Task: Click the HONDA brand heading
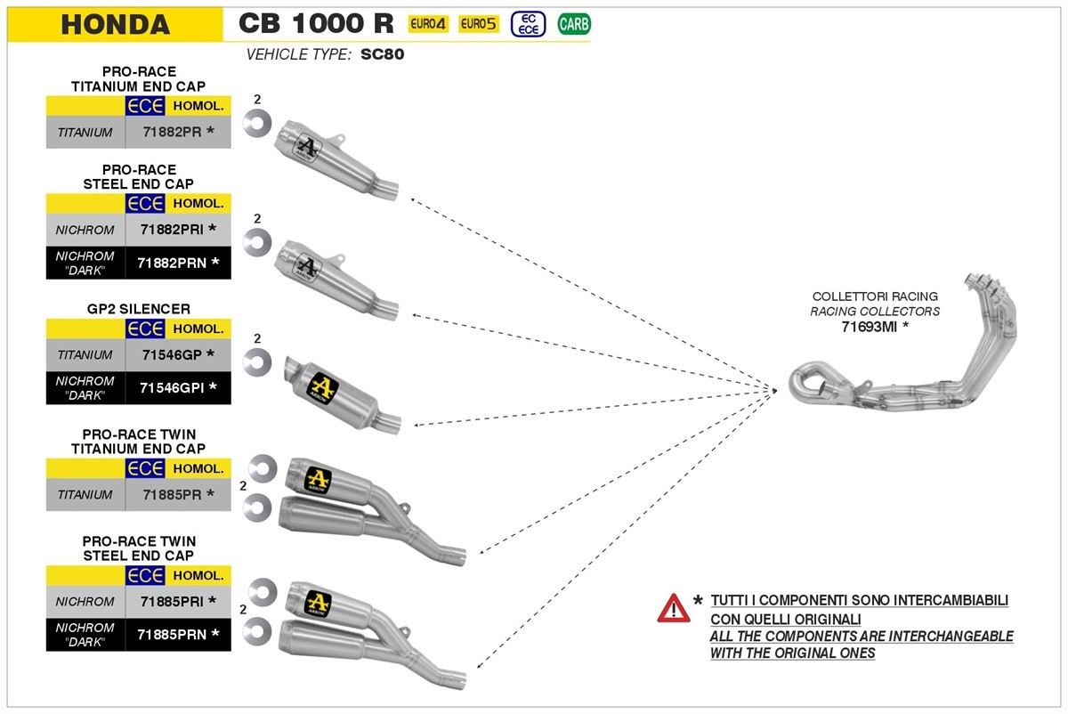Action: pos(115,24)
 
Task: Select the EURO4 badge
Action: pos(427,24)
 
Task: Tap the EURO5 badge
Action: pos(478,24)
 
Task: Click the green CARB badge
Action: pos(574,24)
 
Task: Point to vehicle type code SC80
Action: pos(384,54)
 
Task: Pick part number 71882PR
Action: pos(173,132)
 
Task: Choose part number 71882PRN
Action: pos(173,263)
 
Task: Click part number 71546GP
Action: pos(173,354)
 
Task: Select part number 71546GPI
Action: pos(173,388)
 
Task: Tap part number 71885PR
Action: pos(173,494)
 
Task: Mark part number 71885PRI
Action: pos(173,602)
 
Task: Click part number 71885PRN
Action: pos(173,635)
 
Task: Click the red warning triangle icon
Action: pos(674,608)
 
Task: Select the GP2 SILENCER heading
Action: pos(139,309)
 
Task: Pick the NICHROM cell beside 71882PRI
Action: pos(85,230)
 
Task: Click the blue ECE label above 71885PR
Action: pos(145,468)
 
